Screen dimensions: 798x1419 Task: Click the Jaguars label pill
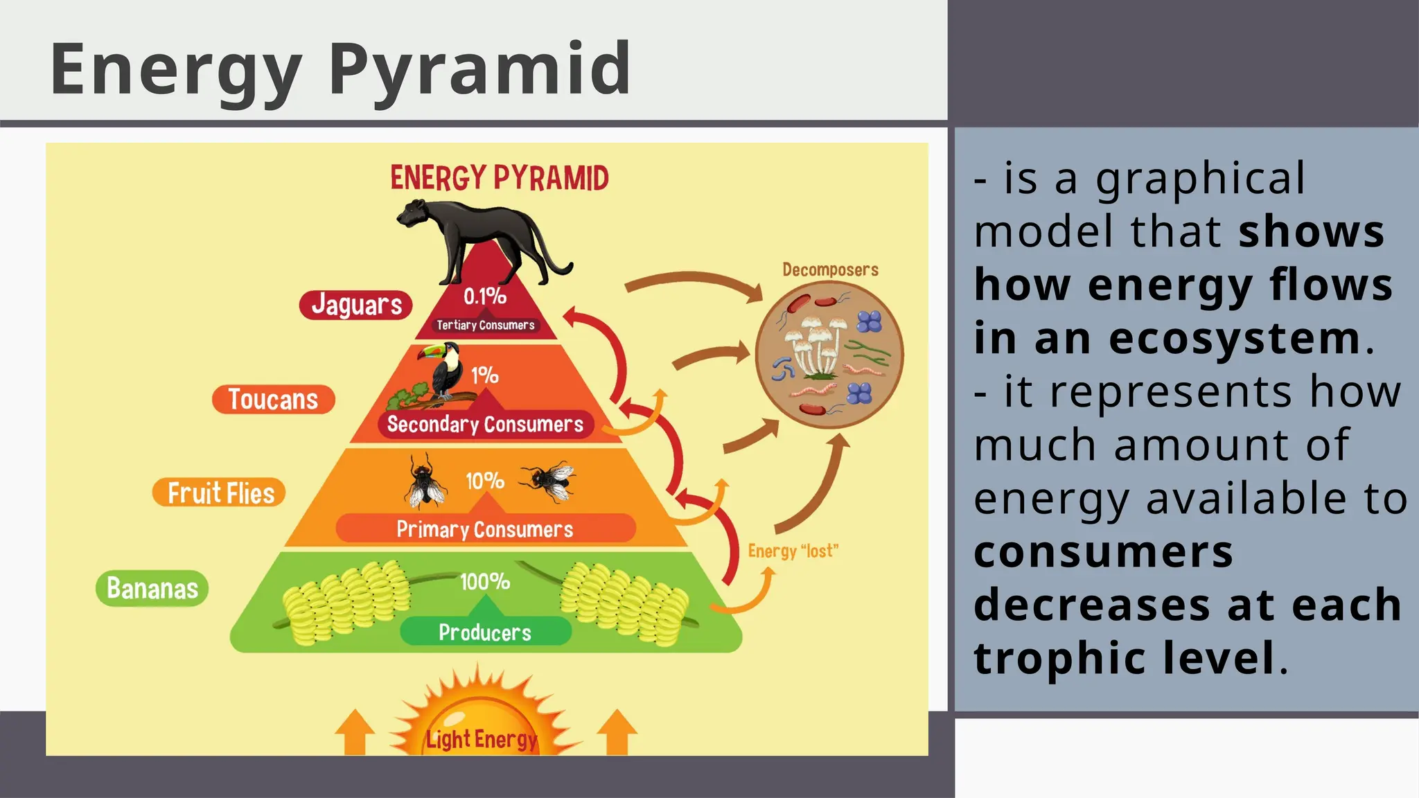pyautogui.click(x=356, y=305)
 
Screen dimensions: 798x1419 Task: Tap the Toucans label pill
pyautogui.click(x=273, y=400)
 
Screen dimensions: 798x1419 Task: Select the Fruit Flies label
pyautogui.click(x=220, y=493)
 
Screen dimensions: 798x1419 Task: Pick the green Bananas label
pyautogui.click(x=152, y=588)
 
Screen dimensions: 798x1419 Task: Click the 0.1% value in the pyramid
pyautogui.click(x=484, y=296)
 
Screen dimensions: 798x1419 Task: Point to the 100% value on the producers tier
pyautogui.click(x=485, y=581)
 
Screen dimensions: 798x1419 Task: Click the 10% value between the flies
pyautogui.click(x=484, y=481)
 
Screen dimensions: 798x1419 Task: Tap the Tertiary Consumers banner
pyautogui.click(x=485, y=325)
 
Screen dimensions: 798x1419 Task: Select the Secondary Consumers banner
pyautogui.click(x=485, y=424)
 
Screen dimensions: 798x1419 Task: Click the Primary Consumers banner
pyautogui.click(x=485, y=529)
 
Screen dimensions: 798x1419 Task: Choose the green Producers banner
pyautogui.click(x=485, y=632)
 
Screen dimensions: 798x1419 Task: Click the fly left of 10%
pyautogui.click(x=424, y=481)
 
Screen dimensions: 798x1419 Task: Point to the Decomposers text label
pyautogui.click(x=830, y=269)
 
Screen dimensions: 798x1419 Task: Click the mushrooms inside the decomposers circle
pyautogui.click(x=818, y=346)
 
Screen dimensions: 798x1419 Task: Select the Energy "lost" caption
pyautogui.click(x=793, y=551)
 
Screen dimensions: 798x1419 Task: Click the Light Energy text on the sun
pyautogui.click(x=482, y=739)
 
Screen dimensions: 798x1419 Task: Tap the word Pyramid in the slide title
pyautogui.click(x=479, y=69)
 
